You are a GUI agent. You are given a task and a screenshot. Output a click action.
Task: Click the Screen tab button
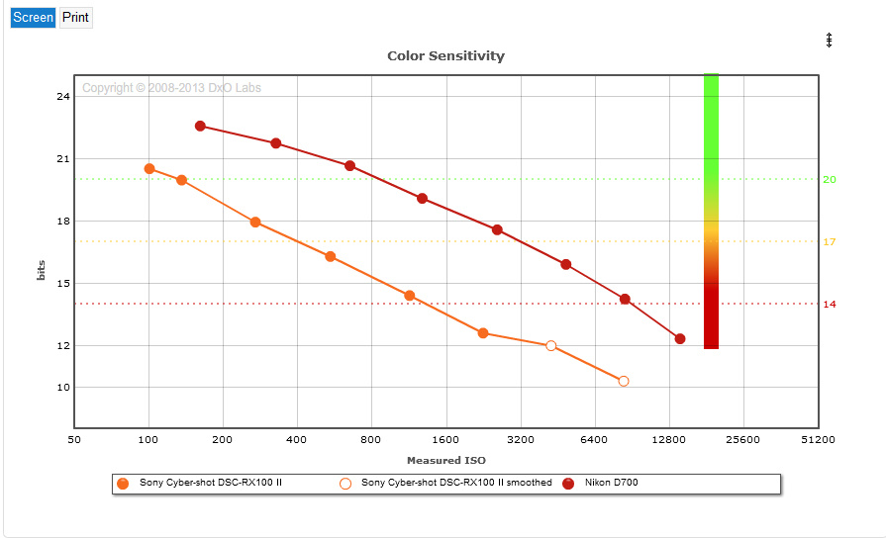33,18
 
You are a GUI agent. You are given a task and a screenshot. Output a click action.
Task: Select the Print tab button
75,18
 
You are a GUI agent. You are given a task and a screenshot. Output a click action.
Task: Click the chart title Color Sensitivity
445,56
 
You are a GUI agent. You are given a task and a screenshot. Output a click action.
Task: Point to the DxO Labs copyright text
171,88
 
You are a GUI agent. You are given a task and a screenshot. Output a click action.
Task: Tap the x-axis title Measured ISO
445,461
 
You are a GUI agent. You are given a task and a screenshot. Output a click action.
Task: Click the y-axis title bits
42,271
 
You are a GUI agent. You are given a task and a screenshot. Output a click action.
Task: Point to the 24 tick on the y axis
62,96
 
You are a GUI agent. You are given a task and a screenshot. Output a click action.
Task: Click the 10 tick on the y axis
62,387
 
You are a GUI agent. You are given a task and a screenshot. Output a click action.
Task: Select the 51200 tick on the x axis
818,439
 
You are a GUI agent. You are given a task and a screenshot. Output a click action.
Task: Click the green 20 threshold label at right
830,179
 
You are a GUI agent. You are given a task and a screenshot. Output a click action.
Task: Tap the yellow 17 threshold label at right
830,241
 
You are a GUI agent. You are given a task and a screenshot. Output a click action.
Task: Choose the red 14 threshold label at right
830,304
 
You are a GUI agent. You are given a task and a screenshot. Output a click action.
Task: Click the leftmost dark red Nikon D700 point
200,127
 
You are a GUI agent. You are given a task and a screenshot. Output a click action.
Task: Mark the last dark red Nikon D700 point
680,339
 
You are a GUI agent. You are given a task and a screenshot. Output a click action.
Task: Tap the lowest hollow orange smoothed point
624,381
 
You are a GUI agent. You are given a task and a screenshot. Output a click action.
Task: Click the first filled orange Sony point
149,169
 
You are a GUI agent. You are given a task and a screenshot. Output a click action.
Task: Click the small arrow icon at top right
830,40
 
